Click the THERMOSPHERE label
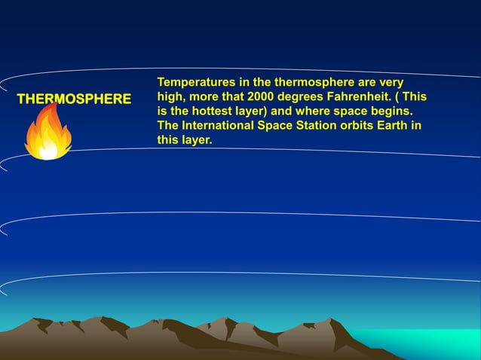coord(73,99)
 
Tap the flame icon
coord(48,133)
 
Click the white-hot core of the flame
coord(48,150)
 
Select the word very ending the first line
coord(390,82)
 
